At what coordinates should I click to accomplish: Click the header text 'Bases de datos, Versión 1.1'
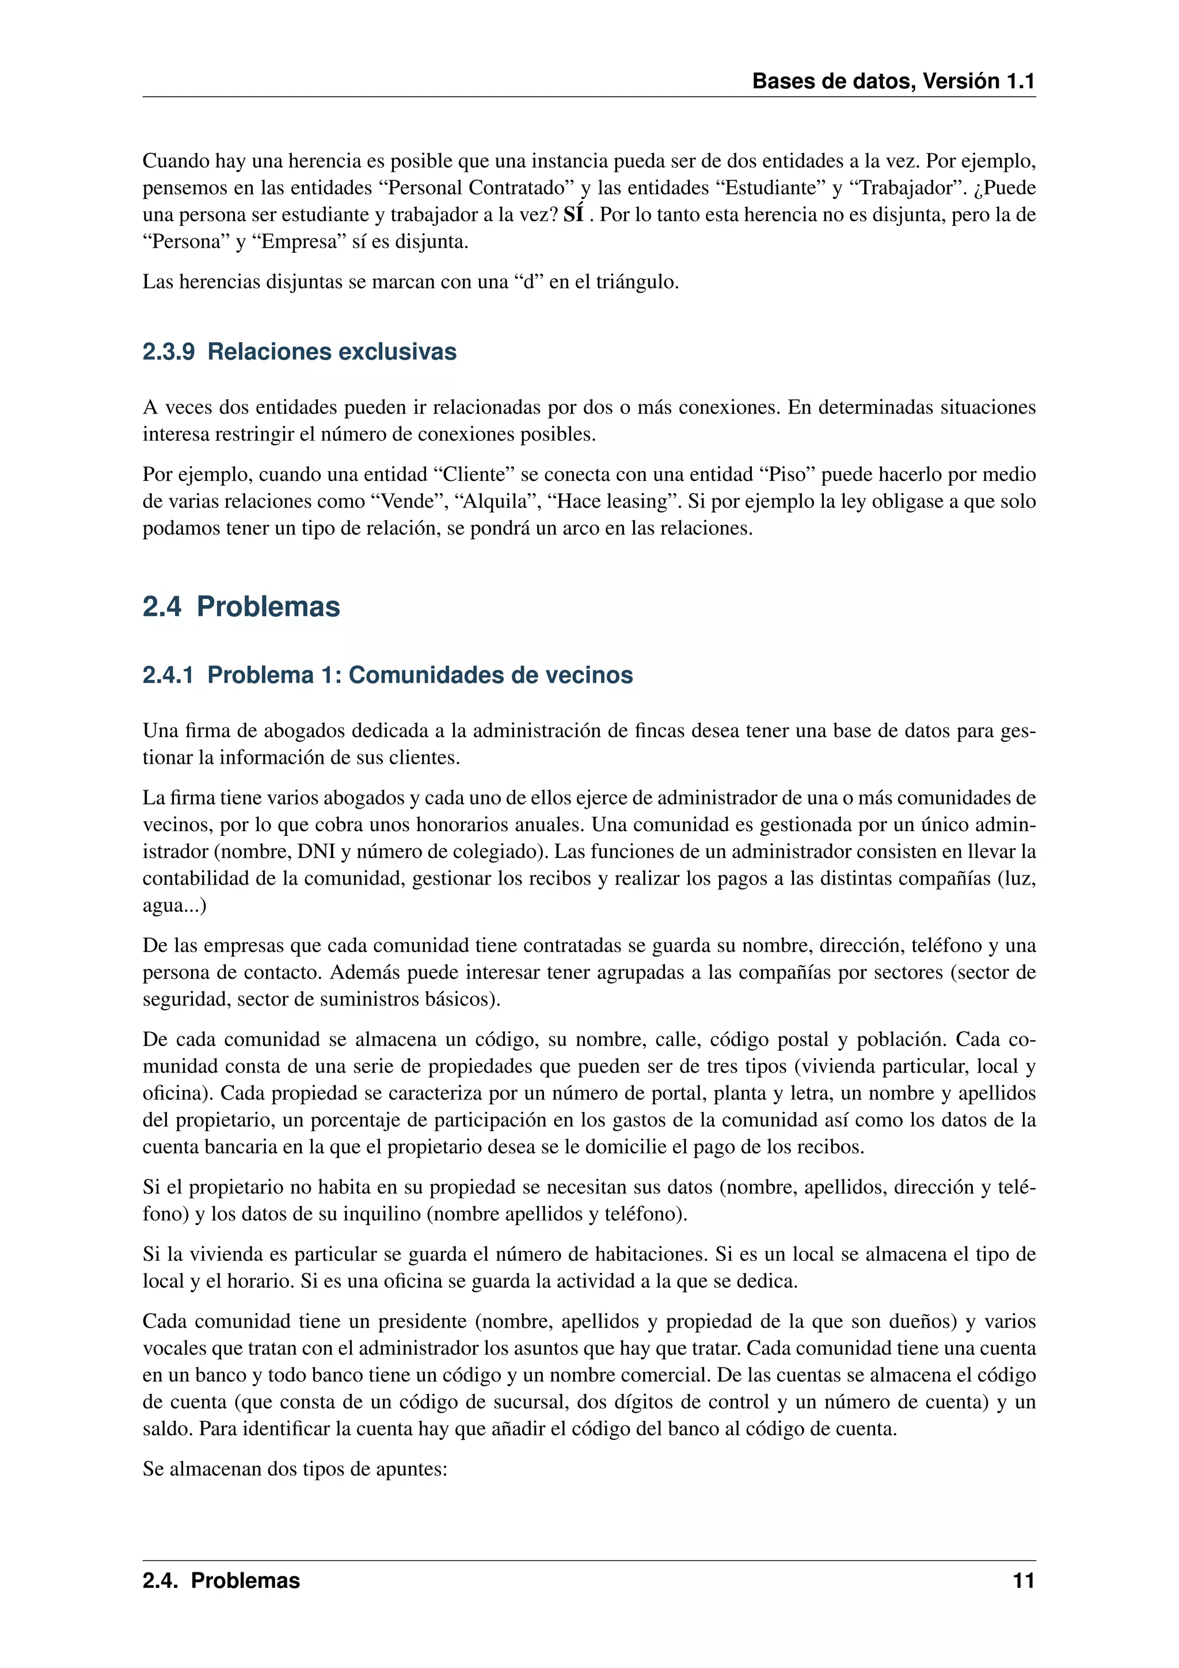tap(893, 81)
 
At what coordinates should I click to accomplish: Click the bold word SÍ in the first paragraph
tap(573, 215)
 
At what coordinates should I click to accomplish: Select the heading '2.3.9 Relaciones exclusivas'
tap(299, 351)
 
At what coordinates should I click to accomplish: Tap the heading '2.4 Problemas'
tap(241, 606)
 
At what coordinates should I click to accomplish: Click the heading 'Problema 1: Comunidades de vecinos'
tap(420, 675)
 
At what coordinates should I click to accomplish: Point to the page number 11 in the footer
tap(1024, 1581)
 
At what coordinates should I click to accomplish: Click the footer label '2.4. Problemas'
tap(222, 1581)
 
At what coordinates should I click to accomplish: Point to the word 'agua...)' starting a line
tap(174, 905)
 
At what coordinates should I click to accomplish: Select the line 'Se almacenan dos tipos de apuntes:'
tap(295, 1469)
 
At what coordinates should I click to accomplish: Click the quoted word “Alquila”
tap(495, 501)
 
